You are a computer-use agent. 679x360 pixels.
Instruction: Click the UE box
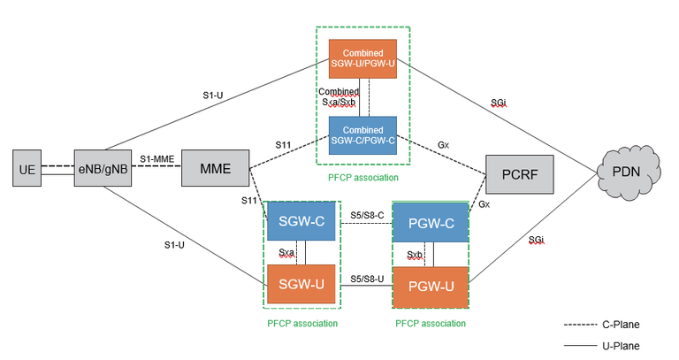pos(27,168)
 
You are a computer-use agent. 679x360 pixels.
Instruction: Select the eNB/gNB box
pos(101,168)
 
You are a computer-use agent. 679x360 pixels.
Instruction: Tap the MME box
pos(215,168)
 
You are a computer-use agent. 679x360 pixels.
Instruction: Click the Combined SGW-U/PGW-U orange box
pos(362,58)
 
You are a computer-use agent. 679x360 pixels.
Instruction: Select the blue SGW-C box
pos(301,225)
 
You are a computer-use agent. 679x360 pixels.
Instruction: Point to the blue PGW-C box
pos(429,226)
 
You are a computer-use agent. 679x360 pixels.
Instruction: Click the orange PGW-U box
pos(429,285)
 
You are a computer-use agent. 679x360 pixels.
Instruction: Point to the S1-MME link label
pos(156,159)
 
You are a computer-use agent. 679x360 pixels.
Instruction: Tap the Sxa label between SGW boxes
pos(287,252)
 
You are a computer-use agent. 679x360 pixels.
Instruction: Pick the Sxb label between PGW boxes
pos(415,255)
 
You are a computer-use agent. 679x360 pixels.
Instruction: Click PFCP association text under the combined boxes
pos(362,176)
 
